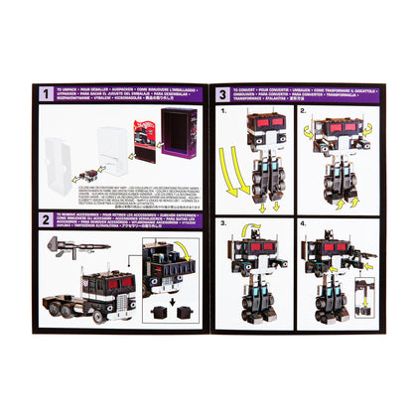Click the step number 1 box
pyautogui.click(x=46, y=94)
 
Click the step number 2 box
pyautogui.click(x=46, y=219)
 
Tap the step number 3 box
pyautogui.click(x=222, y=94)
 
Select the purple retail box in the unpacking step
pyautogui.click(x=178, y=140)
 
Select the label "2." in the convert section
pyautogui.click(x=303, y=113)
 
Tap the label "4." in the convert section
pyautogui.click(x=303, y=224)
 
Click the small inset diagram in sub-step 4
pyautogui.click(x=363, y=299)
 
